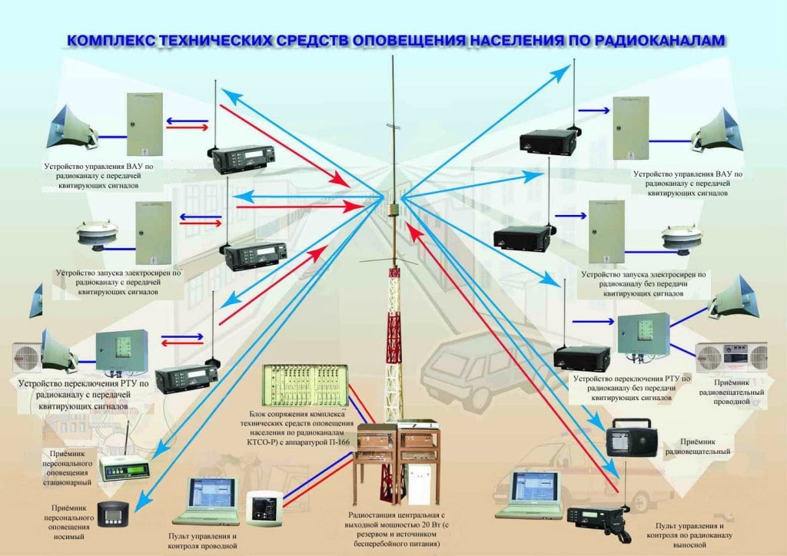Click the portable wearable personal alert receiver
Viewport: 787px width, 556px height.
tap(118, 511)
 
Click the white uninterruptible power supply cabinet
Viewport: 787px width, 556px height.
tap(420, 485)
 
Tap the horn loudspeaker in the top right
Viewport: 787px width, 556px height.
tap(719, 130)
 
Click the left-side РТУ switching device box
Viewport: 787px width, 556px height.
tap(121, 351)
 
